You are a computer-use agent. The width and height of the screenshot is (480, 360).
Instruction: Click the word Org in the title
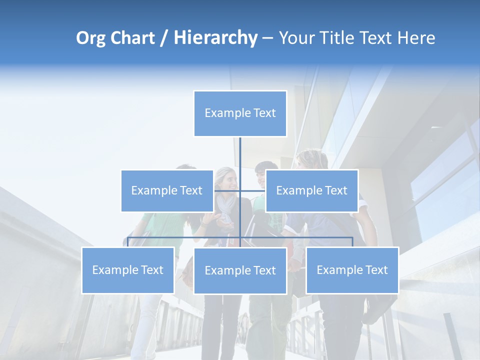pos(91,38)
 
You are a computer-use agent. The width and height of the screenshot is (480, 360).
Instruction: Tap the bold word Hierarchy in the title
pos(215,38)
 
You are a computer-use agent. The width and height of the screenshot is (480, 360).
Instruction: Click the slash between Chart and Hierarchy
pos(163,38)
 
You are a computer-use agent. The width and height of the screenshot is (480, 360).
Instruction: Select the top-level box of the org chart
pos(240,113)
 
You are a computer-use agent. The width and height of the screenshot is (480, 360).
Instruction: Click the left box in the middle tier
pos(167,190)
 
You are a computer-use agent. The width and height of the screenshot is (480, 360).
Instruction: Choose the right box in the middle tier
pos(311,190)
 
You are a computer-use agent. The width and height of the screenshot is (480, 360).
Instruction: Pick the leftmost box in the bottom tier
pos(128,270)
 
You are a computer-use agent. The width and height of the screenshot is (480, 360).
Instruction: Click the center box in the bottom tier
pos(240,270)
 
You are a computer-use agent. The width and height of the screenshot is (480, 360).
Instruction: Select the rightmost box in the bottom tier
pos(352,270)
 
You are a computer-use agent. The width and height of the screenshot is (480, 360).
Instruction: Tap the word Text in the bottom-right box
pos(376,270)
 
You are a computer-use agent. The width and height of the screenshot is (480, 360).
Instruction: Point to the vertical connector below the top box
pos(240,155)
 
